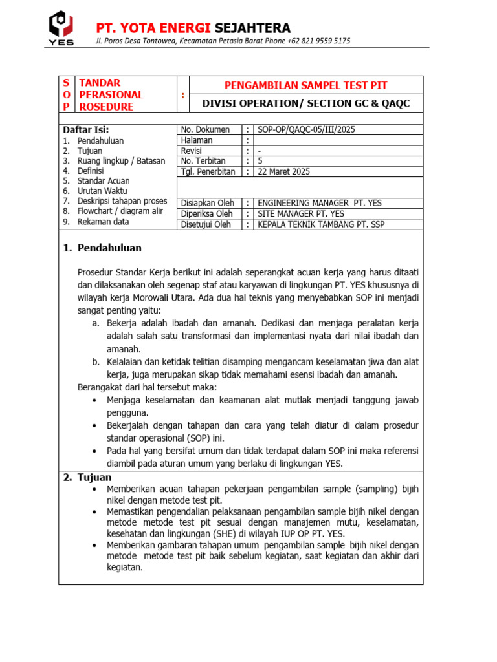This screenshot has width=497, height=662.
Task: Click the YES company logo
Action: [x=61, y=27]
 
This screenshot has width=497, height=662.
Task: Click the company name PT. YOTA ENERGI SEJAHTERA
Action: [x=193, y=28]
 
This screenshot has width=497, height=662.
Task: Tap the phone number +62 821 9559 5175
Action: [x=318, y=41]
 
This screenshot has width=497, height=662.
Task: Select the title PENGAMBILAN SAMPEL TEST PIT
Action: [x=305, y=85]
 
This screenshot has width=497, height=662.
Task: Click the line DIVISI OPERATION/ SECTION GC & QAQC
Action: [x=306, y=103]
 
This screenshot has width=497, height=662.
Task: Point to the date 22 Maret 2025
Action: [x=283, y=171]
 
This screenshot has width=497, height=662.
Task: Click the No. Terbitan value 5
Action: [x=260, y=161]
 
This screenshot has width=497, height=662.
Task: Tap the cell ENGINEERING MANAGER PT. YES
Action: [x=320, y=203]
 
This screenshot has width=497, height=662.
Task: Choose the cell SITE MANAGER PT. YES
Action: [x=301, y=213]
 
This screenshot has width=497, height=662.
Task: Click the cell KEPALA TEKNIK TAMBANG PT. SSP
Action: [x=323, y=224]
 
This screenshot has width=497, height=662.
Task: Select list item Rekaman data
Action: [x=103, y=222]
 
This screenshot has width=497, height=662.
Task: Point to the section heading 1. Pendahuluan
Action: [x=102, y=248]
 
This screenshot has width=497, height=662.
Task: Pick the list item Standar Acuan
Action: [x=104, y=181]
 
